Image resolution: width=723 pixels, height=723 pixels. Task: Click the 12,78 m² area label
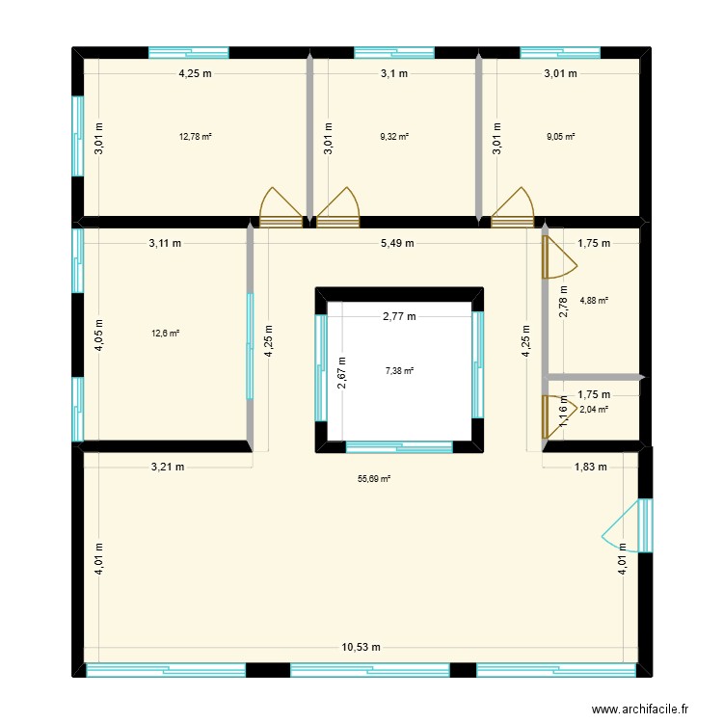[195, 136]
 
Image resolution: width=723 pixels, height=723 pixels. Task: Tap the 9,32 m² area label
[394, 136]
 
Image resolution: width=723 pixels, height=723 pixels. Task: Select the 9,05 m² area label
[560, 136]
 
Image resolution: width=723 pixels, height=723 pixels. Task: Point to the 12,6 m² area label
[165, 334]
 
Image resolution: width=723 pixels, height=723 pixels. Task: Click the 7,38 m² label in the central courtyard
[399, 370]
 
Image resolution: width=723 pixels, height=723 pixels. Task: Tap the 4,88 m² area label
[594, 300]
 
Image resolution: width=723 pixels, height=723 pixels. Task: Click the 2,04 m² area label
[594, 409]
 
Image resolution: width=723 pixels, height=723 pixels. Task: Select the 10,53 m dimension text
[361, 647]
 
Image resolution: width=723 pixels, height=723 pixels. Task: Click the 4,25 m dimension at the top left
[196, 73]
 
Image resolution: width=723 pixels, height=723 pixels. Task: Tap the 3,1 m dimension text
[394, 73]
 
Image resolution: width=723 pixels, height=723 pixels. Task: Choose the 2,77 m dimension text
[399, 316]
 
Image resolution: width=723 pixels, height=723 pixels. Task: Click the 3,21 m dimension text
[168, 467]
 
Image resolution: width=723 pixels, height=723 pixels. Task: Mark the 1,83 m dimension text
[590, 467]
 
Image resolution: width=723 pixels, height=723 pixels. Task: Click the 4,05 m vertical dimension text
[98, 334]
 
